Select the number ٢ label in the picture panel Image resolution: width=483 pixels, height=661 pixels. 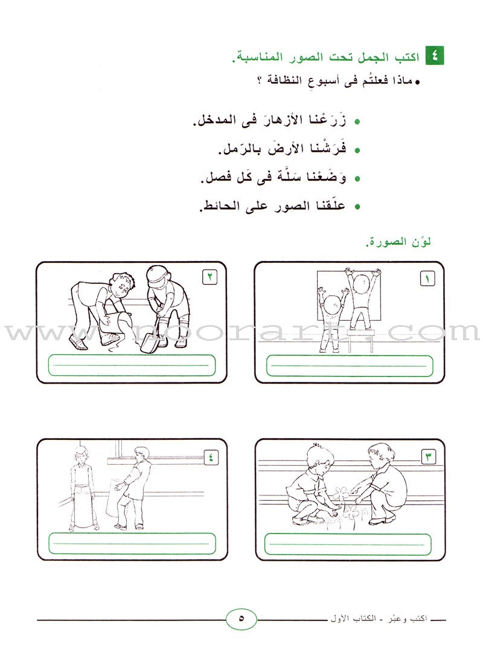[208, 278]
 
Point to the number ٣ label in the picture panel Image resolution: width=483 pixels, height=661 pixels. [427, 456]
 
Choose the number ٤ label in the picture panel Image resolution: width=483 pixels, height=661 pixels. [208, 456]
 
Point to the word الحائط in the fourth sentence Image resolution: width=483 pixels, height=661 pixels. [222, 206]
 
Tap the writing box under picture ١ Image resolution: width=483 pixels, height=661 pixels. [350, 366]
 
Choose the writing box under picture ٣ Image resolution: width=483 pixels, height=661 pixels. [350, 544]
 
